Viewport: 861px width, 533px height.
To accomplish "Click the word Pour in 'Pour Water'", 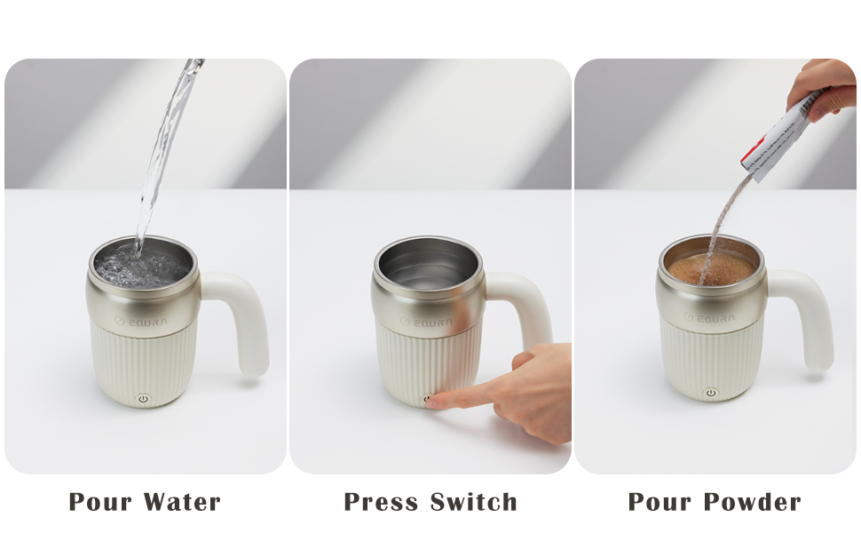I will click(x=99, y=502).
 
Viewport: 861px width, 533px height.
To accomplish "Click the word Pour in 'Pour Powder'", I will click(x=659, y=502).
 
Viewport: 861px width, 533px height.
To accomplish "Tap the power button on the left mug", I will click(x=143, y=399).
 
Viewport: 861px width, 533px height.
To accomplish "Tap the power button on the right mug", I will click(x=710, y=393).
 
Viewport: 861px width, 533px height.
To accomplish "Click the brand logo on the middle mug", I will click(x=427, y=322).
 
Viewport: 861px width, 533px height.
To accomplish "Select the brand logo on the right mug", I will click(x=711, y=317).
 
